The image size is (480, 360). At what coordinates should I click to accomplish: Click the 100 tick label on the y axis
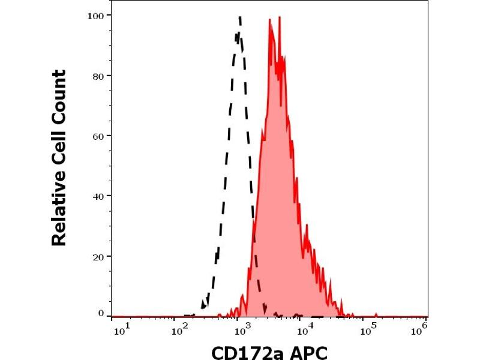click(96, 15)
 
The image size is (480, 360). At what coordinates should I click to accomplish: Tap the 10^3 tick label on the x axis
click(242, 328)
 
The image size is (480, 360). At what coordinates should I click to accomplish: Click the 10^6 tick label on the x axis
click(421, 328)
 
